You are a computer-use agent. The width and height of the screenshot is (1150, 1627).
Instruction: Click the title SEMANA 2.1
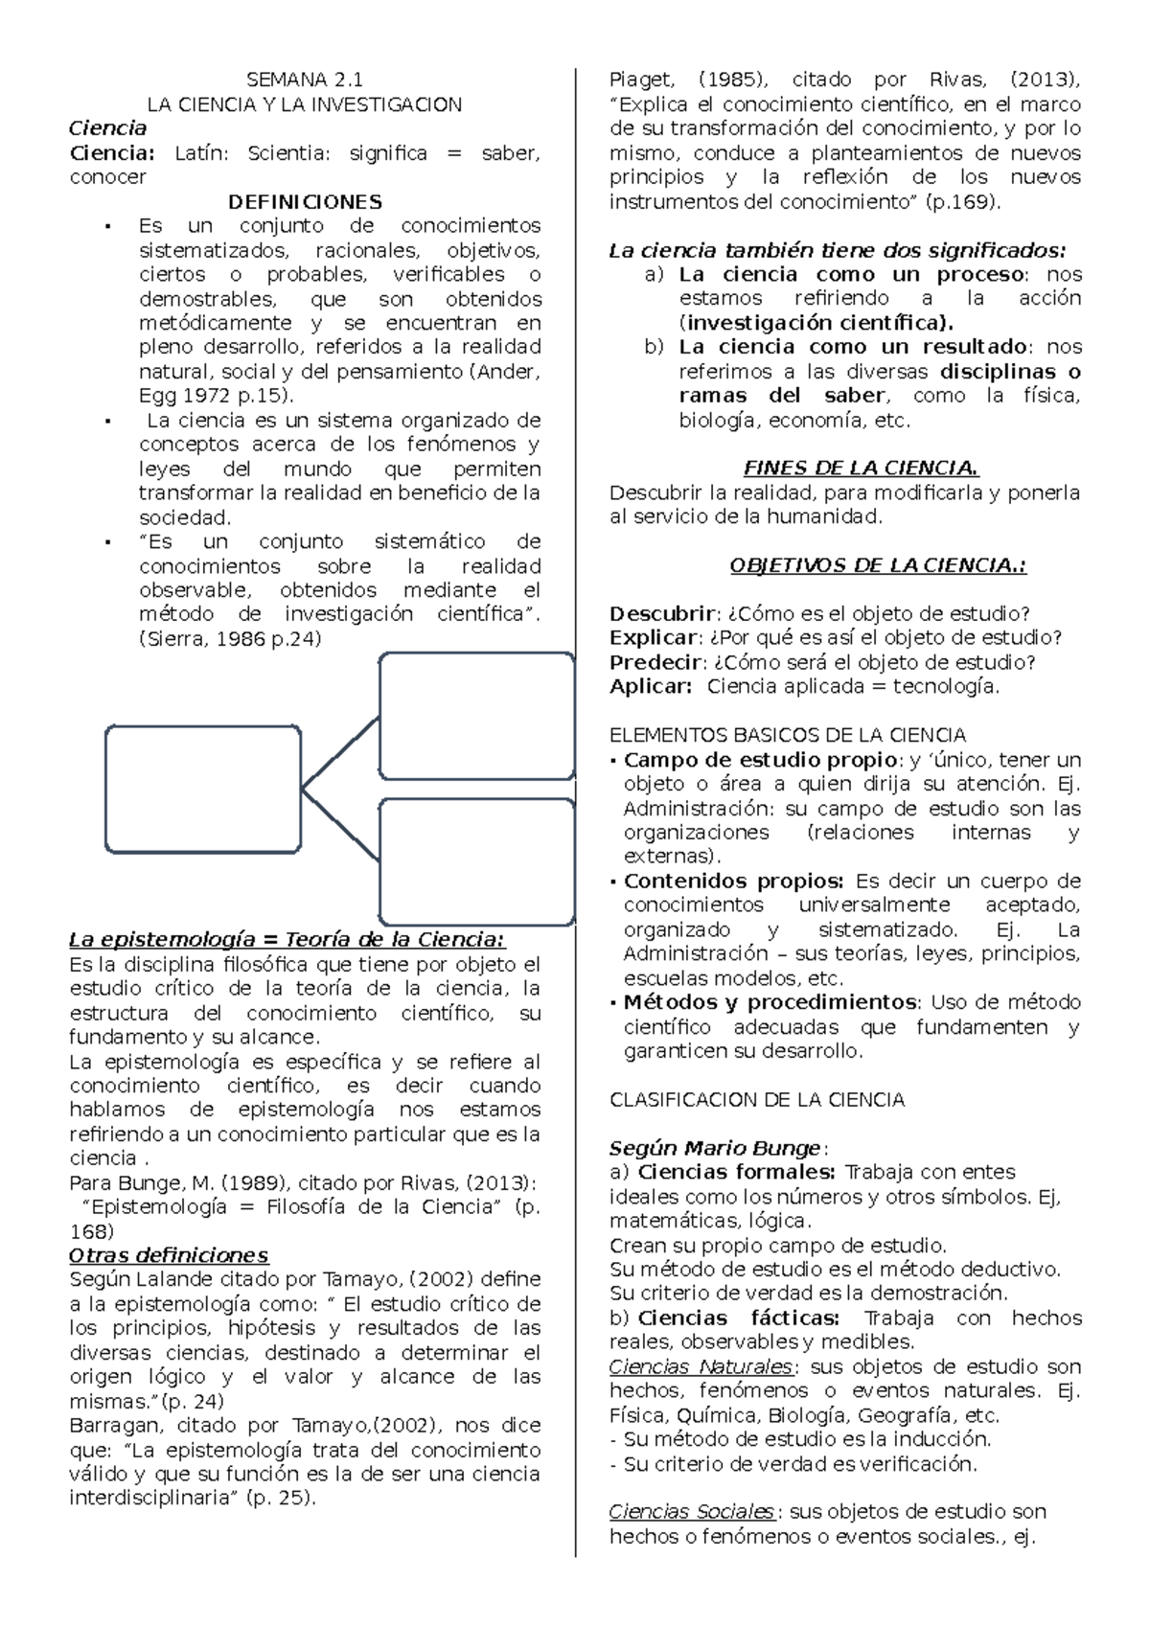(305, 80)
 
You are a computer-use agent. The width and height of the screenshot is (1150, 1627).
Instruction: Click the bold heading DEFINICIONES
(305, 201)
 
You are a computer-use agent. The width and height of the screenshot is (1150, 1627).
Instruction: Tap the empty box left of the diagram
(203, 790)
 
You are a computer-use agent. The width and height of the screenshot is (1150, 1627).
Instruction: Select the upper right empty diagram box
(476, 715)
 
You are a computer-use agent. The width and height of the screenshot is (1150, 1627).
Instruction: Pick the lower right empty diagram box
(476, 860)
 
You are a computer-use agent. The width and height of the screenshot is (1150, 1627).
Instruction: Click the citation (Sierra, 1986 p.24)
(230, 638)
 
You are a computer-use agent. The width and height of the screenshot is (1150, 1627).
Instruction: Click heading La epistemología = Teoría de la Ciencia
(287, 939)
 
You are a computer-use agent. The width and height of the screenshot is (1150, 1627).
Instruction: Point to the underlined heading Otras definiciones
(169, 1255)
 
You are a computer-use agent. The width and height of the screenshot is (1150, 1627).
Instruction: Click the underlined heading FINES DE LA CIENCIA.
(862, 469)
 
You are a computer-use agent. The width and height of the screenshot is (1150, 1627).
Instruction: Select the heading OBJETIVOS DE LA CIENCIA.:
(878, 565)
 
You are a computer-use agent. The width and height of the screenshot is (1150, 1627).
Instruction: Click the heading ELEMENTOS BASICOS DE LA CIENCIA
(788, 735)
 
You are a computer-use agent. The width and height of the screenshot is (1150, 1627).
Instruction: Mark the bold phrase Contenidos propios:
(733, 881)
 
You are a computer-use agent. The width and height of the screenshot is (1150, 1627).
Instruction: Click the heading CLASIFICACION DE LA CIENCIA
(757, 1100)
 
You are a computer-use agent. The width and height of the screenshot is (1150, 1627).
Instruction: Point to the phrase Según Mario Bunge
(715, 1148)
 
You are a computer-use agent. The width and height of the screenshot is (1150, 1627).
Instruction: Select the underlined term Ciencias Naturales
(701, 1366)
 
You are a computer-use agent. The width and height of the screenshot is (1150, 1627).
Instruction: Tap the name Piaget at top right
(641, 80)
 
